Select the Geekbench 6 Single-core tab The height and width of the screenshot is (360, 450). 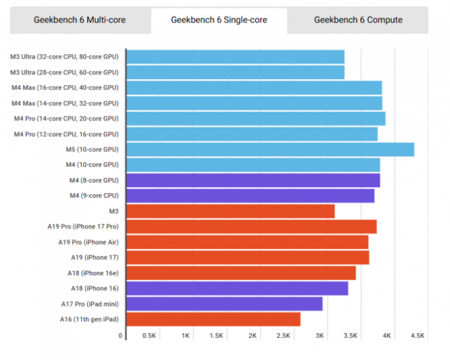219,20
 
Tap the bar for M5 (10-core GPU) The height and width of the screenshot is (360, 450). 270,149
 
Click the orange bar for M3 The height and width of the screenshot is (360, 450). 230,211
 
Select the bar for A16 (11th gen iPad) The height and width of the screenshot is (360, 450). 213,319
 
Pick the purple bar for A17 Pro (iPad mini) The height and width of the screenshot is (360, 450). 224,304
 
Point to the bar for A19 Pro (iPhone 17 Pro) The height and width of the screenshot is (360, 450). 251,226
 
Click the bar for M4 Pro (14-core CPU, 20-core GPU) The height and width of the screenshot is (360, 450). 256,118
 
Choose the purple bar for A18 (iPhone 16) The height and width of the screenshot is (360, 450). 237,288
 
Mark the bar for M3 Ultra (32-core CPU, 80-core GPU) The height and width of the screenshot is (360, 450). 235,57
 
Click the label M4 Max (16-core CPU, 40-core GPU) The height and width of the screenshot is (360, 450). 65,88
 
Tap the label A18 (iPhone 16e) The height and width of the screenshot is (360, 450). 93,273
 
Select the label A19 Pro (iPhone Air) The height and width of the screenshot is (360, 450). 88,242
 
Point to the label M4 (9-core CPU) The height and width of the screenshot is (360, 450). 94,196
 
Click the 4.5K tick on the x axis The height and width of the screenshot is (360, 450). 417,336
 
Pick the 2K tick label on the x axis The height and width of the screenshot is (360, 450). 253,336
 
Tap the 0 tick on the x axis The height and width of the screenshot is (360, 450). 121,336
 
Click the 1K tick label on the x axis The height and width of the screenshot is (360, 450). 186,336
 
